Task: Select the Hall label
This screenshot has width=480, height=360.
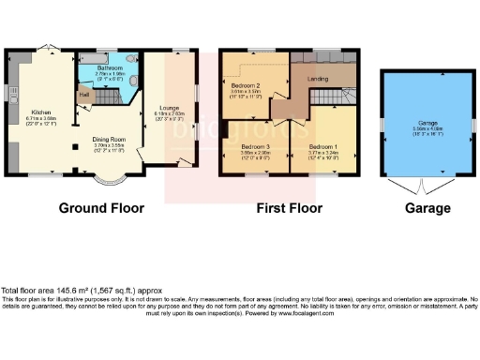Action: [83, 95]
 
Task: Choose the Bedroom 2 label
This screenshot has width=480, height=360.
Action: [245, 84]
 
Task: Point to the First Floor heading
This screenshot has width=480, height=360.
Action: [289, 208]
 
